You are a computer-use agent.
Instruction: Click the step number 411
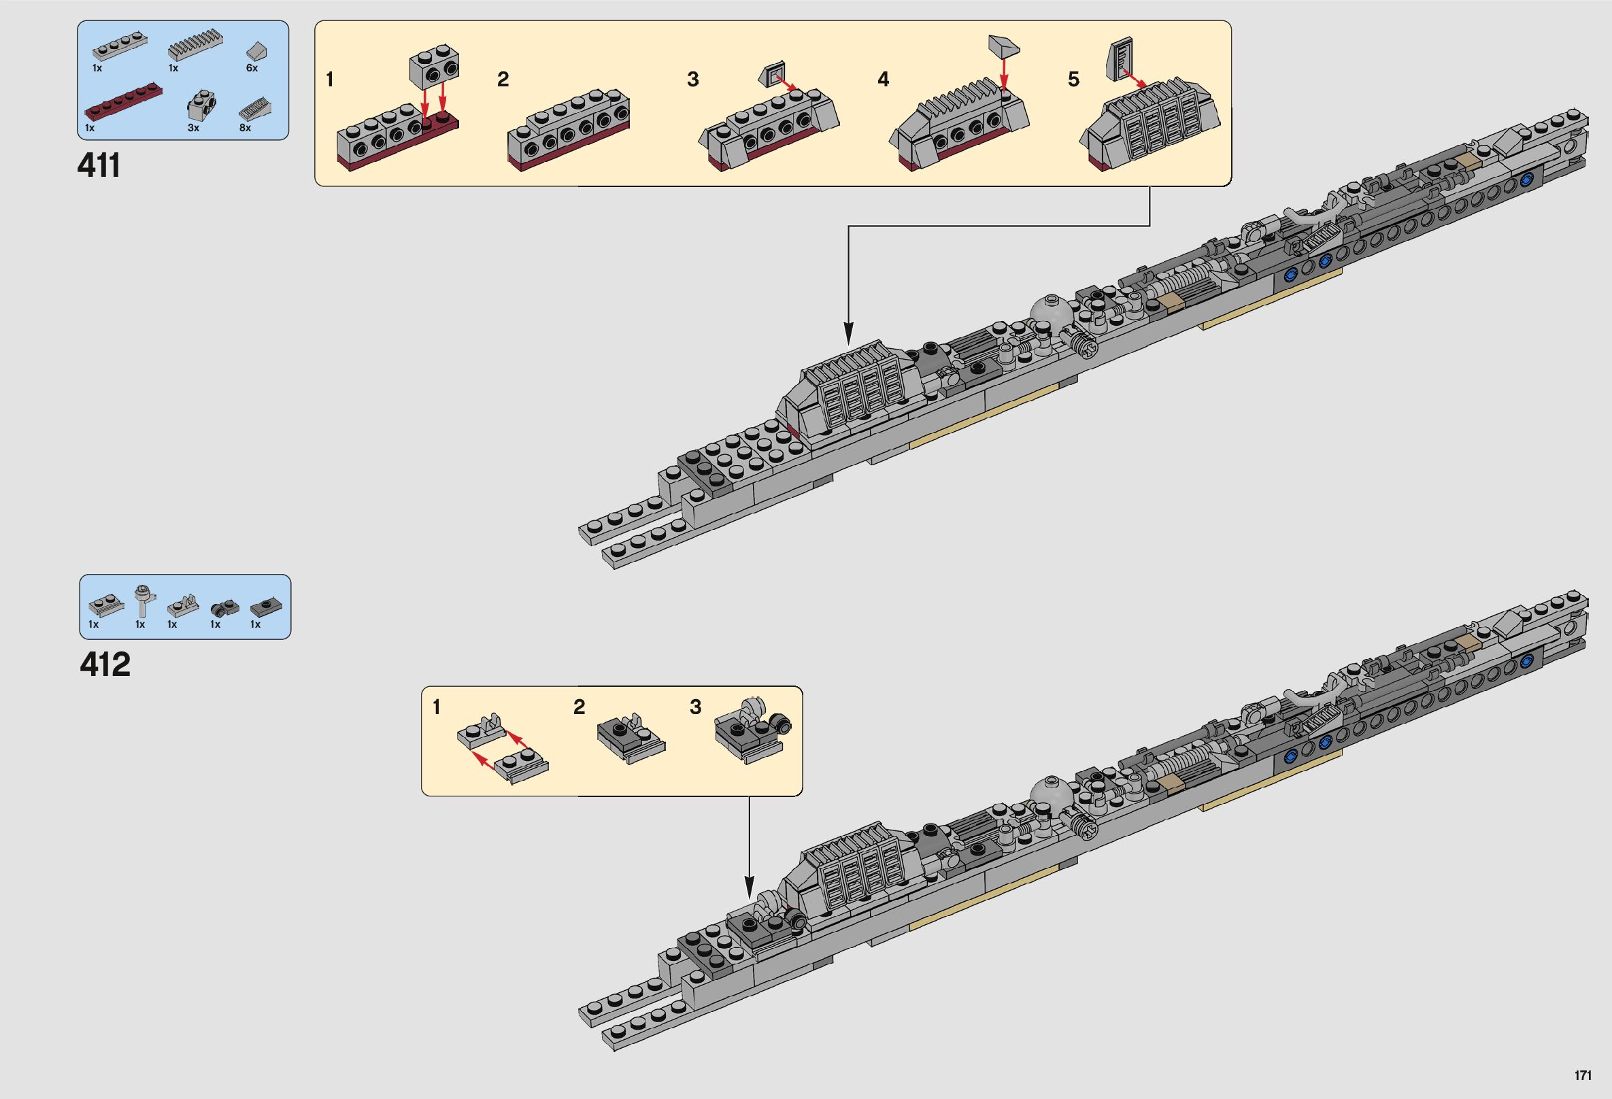coord(99,167)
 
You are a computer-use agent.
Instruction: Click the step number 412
coord(105,665)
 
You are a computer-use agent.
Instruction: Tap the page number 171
coord(1582,1075)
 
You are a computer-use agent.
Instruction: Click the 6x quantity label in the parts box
coord(252,68)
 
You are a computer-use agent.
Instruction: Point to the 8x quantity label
coord(245,128)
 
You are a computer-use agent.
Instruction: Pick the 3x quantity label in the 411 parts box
coord(193,128)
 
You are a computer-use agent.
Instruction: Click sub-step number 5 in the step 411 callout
coord(1073,80)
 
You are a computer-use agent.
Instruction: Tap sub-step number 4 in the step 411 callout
coord(883,80)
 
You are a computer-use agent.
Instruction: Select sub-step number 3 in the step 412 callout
coord(695,707)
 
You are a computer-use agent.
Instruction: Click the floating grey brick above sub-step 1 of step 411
coord(435,68)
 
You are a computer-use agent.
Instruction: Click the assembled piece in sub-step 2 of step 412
coord(630,740)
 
